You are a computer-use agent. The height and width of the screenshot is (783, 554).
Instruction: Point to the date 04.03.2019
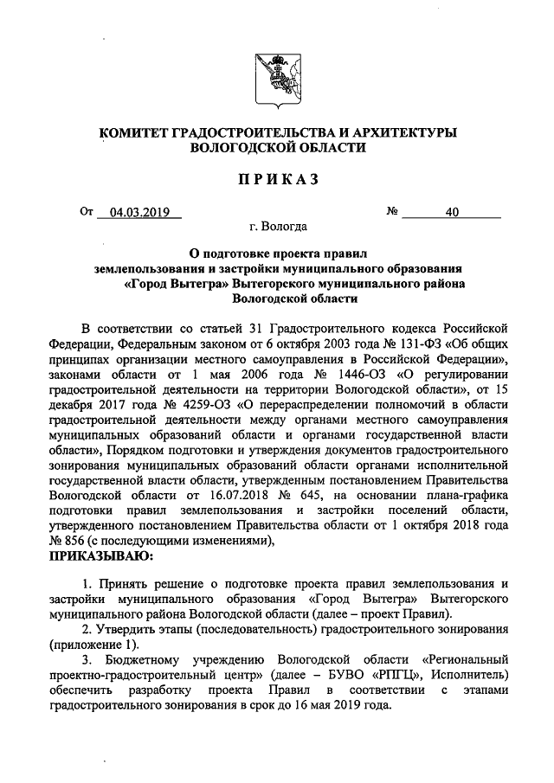[138, 211]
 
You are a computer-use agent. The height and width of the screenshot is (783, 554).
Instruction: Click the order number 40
[451, 211]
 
